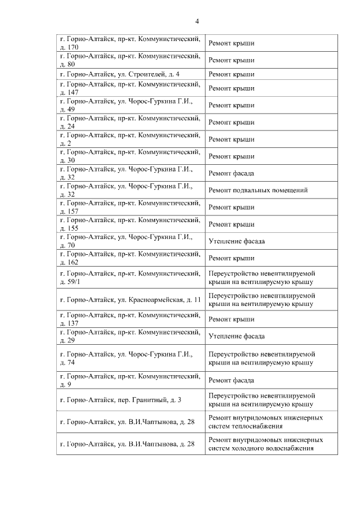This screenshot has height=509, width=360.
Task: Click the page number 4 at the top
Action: (x=197, y=21)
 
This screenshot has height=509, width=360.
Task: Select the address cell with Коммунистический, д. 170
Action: (x=130, y=43)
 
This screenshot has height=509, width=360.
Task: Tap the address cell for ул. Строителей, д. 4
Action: (x=130, y=74)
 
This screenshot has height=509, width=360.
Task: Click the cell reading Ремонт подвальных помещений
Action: (x=271, y=190)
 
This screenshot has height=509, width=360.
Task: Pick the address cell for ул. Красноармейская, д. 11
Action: (x=130, y=300)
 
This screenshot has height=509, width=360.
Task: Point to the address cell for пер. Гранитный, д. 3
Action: (x=130, y=400)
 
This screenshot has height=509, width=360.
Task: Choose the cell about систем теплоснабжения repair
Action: (x=271, y=422)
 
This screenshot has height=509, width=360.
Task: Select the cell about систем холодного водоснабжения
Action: (x=271, y=444)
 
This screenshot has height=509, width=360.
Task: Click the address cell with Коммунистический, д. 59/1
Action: (x=130, y=277)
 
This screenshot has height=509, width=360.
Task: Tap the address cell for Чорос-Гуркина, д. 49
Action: (x=130, y=105)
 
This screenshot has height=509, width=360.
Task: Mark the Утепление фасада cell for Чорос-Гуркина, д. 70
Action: (x=271, y=241)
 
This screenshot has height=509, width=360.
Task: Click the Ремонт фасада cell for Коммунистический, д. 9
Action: (x=271, y=380)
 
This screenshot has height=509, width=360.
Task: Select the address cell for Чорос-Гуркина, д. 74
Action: (x=130, y=358)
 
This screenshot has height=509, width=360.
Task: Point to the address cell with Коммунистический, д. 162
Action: (x=130, y=258)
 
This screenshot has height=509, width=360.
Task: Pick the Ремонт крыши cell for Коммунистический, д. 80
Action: (x=271, y=60)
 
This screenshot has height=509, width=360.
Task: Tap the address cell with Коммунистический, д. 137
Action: (x=130, y=319)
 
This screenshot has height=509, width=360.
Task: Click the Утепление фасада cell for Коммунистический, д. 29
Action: (x=271, y=336)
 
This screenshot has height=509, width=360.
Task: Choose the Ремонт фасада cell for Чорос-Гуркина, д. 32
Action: (x=271, y=173)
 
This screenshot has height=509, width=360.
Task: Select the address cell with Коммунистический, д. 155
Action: (x=130, y=224)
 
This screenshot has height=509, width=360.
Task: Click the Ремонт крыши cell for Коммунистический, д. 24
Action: (x=271, y=122)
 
